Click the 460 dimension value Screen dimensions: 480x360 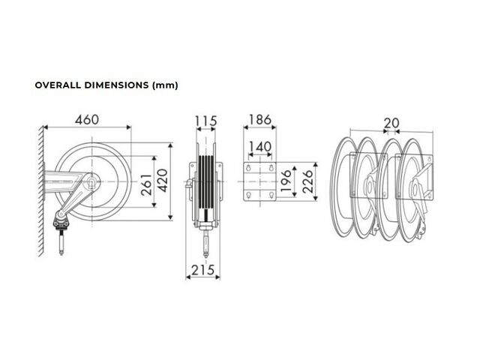pos(87,120)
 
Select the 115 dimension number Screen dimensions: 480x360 pos(206,121)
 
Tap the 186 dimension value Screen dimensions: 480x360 pos(260,120)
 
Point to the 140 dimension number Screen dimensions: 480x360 pos(260,147)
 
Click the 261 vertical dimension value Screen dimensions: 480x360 pos(147,184)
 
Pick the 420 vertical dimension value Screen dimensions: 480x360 pos(163,181)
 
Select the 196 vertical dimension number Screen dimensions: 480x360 pos(286,181)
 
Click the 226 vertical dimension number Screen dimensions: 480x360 pos(308,181)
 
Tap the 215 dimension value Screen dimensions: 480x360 pos(203,270)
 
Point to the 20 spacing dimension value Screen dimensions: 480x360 pos(391,123)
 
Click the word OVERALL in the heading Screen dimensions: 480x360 pos(58,85)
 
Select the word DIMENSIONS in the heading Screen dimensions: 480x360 pos(117,85)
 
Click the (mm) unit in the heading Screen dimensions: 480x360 pos(165,85)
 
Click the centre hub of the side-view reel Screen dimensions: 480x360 pos(92,181)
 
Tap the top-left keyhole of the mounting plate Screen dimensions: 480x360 pos(248,167)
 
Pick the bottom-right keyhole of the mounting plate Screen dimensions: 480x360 pos(271,195)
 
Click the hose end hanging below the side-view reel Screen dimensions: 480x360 pos(61,243)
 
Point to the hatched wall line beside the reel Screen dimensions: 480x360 pos(40,190)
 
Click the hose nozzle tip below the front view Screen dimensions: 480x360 pos(205,254)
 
